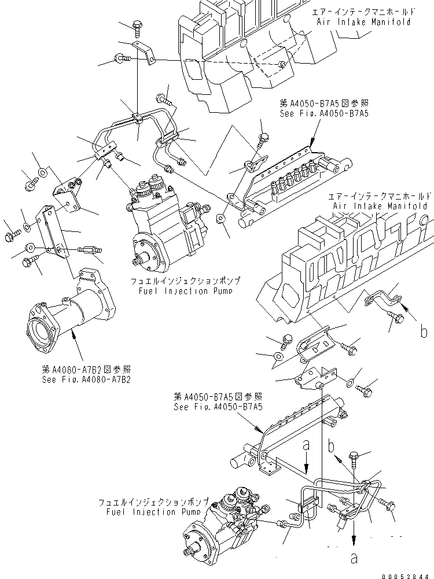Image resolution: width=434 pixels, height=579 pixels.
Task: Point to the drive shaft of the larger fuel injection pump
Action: [138, 261]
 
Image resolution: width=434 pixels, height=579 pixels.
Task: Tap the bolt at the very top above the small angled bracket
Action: [138, 25]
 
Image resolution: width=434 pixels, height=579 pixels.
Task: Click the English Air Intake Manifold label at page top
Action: [363, 22]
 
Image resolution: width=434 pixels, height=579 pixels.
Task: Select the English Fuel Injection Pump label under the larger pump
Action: [185, 291]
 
